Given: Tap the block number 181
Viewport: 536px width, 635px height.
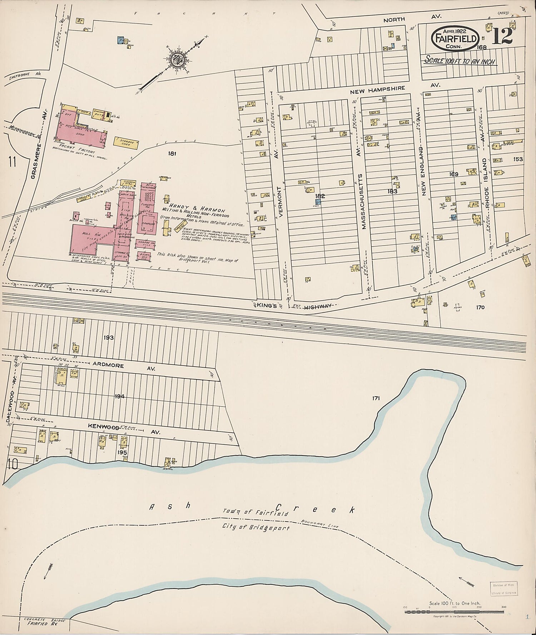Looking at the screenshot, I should pyautogui.click(x=173, y=154).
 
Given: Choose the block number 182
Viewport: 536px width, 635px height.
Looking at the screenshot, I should pyautogui.click(x=320, y=196).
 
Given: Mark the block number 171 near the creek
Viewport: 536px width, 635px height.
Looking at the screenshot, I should pyautogui.click(x=375, y=398).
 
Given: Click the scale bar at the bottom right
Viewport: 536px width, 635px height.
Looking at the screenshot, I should pyautogui.click(x=454, y=611).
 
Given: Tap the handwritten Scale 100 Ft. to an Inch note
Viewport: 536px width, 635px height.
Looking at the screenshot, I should pyautogui.click(x=459, y=61).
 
